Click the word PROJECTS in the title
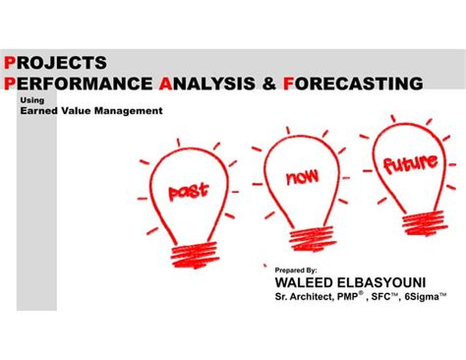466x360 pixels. [55, 63]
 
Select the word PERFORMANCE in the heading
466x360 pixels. [78, 84]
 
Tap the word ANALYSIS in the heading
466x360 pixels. [206, 84]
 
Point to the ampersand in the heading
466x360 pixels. [269, 84]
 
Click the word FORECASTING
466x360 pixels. [353, 84]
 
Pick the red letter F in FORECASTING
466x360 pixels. [288, 84]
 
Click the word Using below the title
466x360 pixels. [32, 100]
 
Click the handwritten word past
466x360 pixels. [188, 191]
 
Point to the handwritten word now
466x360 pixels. [302, 177]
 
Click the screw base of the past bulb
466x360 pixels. [195, 256]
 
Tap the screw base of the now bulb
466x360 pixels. [313, 239]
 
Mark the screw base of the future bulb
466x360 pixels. [424, 222]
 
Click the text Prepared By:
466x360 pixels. [296, 270]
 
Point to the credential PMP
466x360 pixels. [347, 297]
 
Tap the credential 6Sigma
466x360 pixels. [422, 297]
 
